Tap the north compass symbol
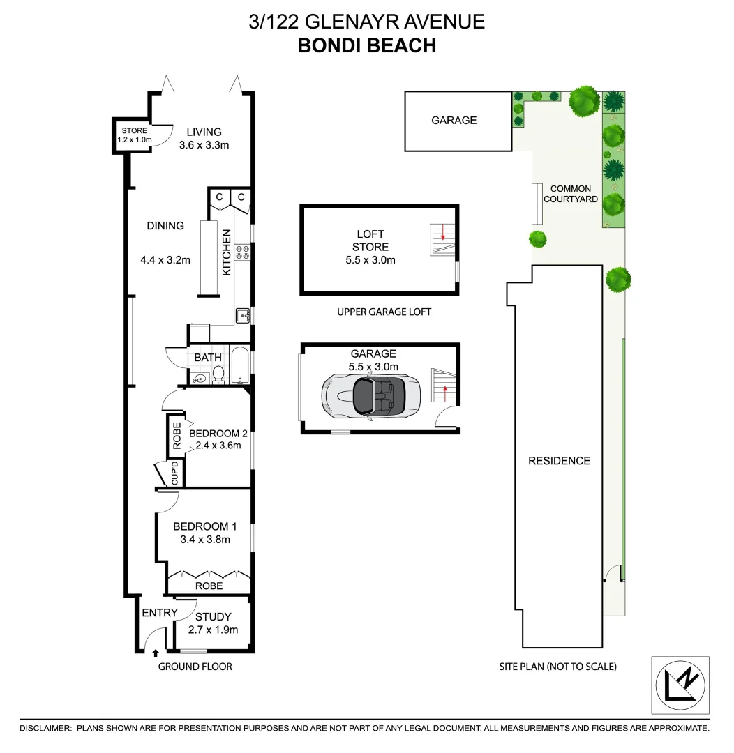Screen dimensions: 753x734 [x=680, y=685]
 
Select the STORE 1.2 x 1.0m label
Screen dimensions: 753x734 [x=135, y=135]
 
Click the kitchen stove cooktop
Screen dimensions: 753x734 [x=244, y=252]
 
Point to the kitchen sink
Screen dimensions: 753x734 [x=243, y=316]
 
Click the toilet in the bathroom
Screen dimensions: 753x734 [x=218, y=375]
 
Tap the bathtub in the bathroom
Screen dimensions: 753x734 [x=239, y=365]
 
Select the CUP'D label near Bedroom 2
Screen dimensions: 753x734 [x=176, y=474]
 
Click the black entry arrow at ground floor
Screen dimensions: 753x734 [x=156, y=653]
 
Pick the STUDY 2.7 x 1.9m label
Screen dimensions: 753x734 [x=213, y=623]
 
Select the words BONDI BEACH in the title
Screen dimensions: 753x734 [x=366, y=45]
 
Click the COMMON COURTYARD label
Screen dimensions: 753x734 [x=570, y=194]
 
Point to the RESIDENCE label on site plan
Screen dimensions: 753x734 [x=559, y=461]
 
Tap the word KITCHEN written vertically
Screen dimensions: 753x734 [x=227, y=253]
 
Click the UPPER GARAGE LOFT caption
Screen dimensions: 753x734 [x=384, y=312]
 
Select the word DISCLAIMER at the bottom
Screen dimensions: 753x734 [x=46, y=728]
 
